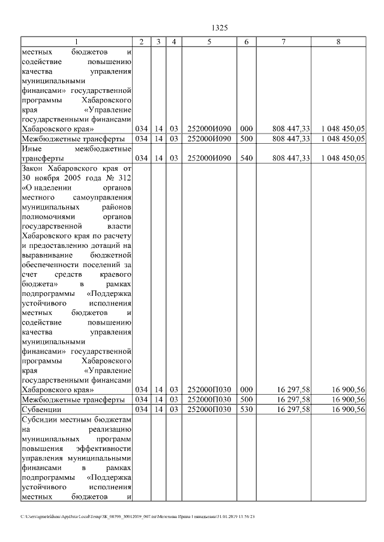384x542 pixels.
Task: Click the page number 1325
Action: click(220, 28)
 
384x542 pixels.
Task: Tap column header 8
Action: click(339, 41)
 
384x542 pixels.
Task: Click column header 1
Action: click(76, 41)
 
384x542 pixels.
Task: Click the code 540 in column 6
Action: click(247, 158)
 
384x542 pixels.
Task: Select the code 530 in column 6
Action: click(247, 409)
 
